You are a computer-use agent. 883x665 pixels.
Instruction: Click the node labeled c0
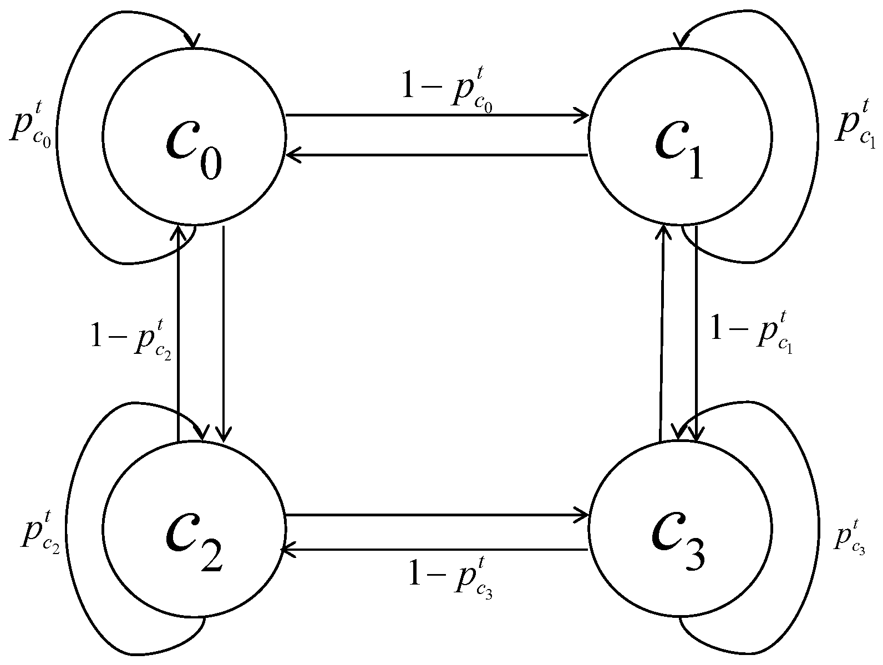(x=194, y=135)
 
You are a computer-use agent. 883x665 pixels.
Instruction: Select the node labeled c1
(x=680, y=135)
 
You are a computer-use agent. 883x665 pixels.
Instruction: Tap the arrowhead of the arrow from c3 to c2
(x=288, y=550)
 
